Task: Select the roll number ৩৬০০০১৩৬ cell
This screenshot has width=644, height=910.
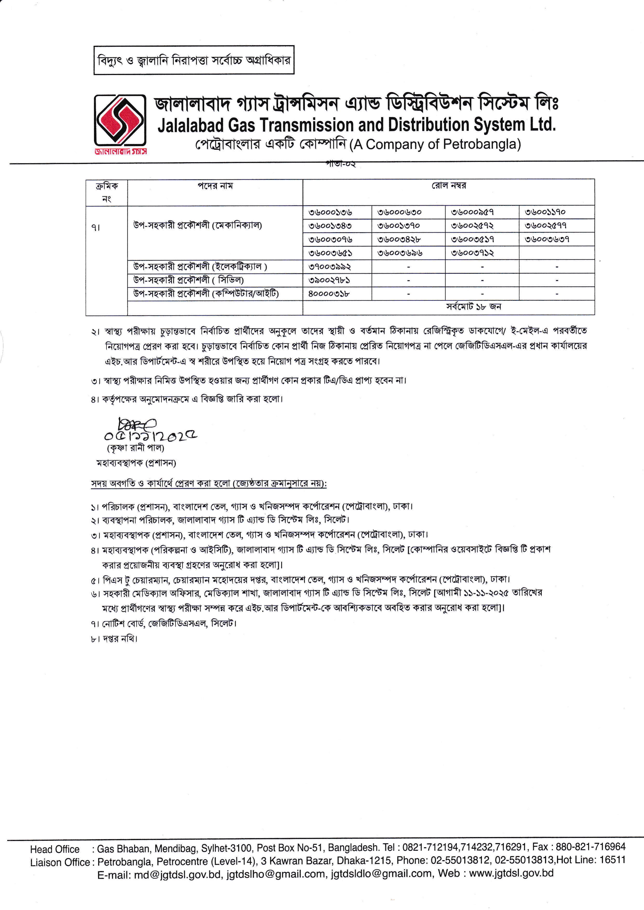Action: click(330, 212)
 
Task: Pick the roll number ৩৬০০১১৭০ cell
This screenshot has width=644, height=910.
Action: click(545, 212)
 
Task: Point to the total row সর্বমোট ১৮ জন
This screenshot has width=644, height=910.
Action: click(473, 307)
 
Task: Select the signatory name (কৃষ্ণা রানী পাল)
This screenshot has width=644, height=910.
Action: click(135, 448)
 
